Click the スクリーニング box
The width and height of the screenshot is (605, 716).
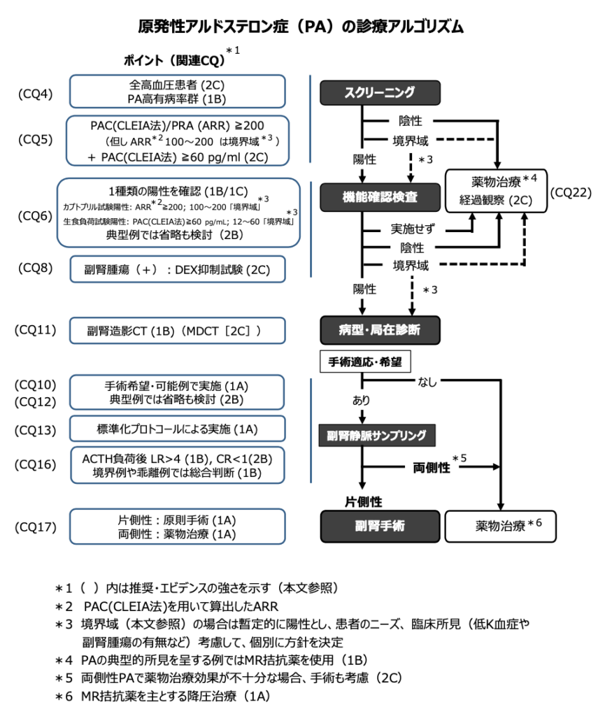[380, 92]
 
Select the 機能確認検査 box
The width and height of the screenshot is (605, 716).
[380, 197]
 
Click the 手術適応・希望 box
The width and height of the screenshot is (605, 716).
[364, 362]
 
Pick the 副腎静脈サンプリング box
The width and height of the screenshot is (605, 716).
[377, 434]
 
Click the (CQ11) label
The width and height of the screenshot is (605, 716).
[35, 329]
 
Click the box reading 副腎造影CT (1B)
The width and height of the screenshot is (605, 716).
[178, 330]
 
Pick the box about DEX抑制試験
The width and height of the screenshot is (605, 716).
[178, 268]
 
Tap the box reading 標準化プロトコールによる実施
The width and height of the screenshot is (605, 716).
[178, 429]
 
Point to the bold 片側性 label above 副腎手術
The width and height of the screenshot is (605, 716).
[364, 501]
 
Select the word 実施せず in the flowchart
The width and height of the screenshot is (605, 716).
[413, 229]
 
